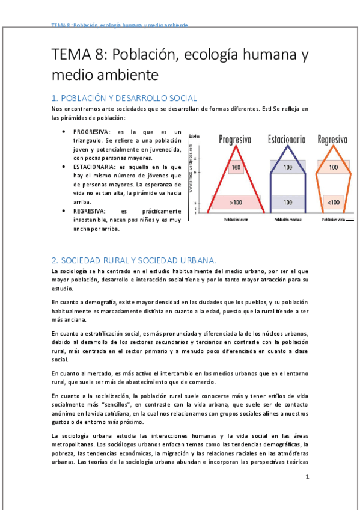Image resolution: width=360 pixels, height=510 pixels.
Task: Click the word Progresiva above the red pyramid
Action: click(234, 140)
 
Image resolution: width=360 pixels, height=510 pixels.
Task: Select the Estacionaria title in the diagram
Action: click(287, 140)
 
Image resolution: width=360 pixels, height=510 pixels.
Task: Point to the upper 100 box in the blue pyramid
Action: click(287, 167)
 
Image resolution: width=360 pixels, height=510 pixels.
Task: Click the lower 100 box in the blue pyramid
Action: click(287, 203)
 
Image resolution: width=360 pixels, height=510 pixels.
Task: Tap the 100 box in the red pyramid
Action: click(236, 167)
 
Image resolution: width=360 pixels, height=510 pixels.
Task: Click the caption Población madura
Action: click(287, 220)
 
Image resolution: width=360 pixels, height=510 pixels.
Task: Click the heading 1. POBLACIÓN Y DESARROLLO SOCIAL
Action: click(124, 97)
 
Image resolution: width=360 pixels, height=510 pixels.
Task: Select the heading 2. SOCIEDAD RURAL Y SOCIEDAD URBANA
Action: click(133, 260)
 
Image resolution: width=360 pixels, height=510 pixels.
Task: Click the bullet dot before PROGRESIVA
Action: click(64, 131)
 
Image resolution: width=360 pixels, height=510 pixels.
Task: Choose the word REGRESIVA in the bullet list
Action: click(90, 210)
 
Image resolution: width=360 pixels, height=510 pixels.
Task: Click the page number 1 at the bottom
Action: click(307, 477)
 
